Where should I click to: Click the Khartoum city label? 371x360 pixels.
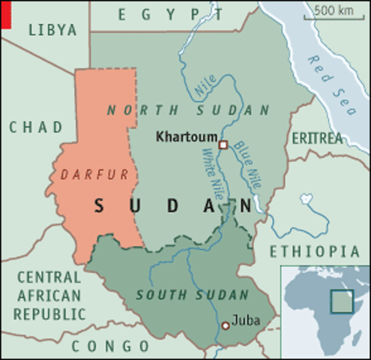184,137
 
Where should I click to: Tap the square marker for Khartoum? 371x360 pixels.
223,144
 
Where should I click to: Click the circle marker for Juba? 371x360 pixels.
226,325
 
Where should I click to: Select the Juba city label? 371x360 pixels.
247,320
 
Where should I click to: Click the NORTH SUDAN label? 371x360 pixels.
188,110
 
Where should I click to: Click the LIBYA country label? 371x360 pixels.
52,30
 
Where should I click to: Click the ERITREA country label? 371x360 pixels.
316,139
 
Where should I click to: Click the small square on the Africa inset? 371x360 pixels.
342,301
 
